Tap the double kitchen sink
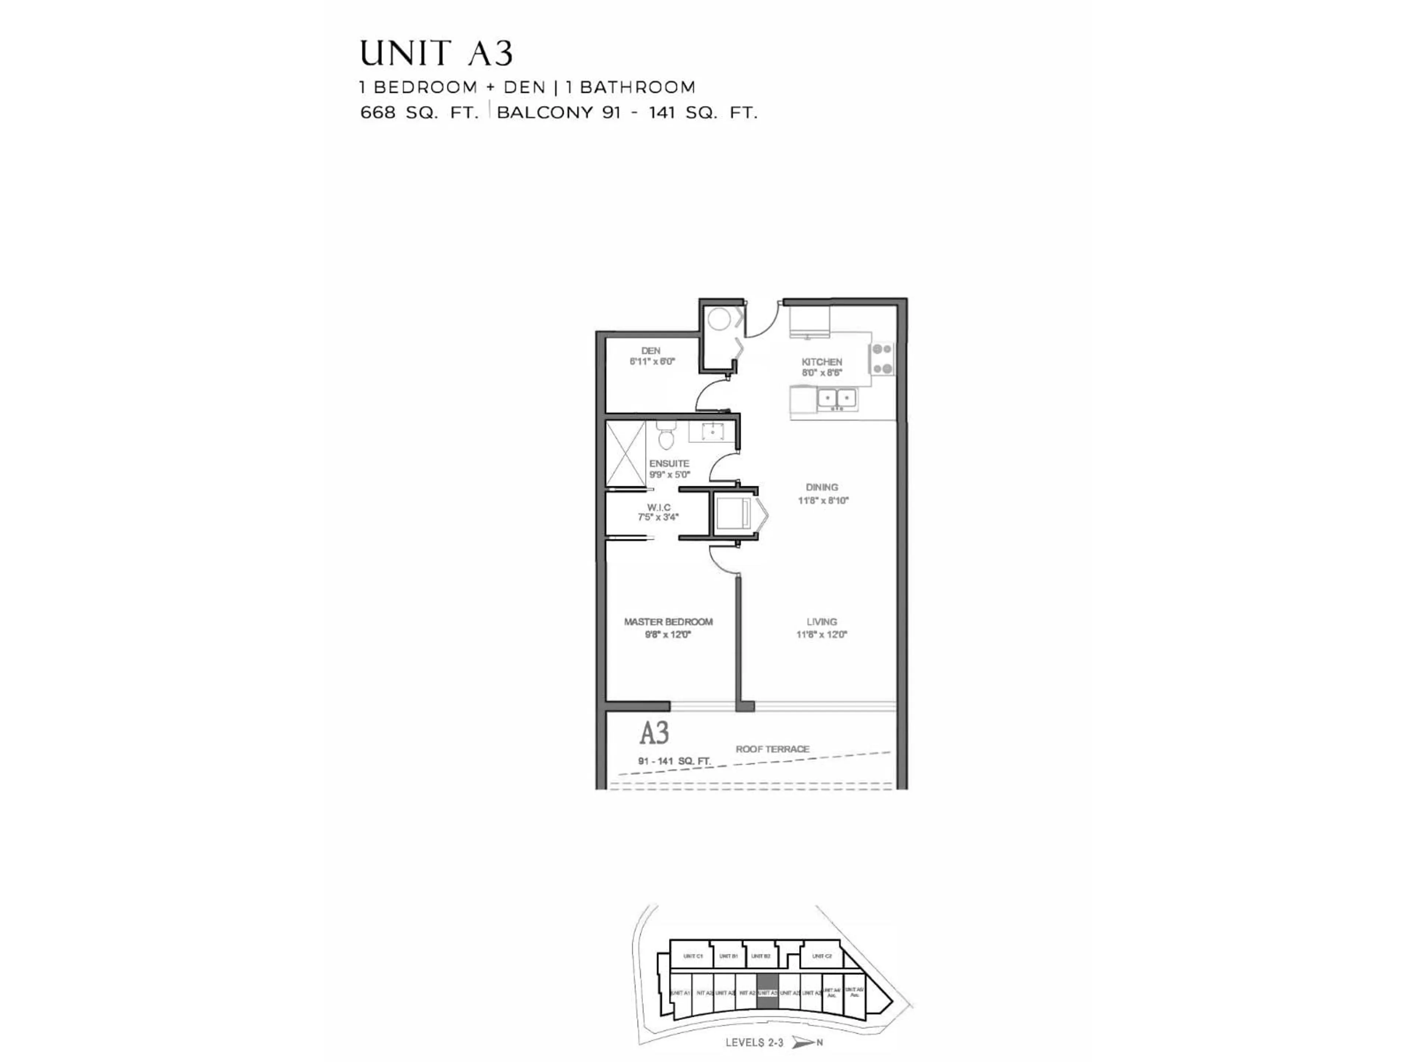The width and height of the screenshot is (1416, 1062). pyautogui.click(x=837, y=398)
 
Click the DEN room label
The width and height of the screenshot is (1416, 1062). pyautogui.click(x=650, y=351)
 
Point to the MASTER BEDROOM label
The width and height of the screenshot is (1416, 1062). pyautogui.click(x=668, y=622)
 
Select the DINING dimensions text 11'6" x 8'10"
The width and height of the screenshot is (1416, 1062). pyautogui.click(x=823, y=501)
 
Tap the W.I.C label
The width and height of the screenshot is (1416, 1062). pyautogui.click(x=659, y=507)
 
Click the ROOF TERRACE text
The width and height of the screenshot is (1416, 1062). pyautogui.click(x=772, y=749)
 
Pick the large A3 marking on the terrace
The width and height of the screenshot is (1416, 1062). pyautogui.click(x=654, y=733)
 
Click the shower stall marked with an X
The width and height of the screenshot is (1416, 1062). pyautogui.click(x=625, y=453)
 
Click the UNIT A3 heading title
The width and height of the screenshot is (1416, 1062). pyautogui.click(x=437, y=54)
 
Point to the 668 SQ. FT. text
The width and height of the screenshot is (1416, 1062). pyautogui.click(x=419, y=113)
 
